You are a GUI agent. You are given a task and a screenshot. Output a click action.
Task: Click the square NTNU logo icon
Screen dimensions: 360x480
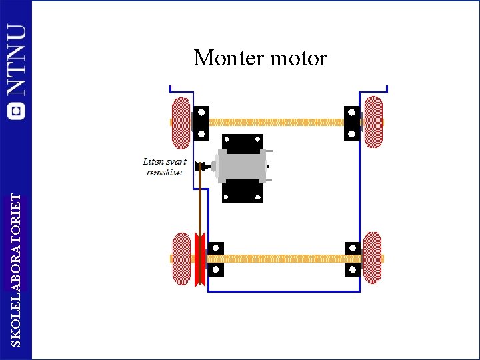[x=16, y=111]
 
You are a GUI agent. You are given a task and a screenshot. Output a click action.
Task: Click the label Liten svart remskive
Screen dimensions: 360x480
[x=164, y=167]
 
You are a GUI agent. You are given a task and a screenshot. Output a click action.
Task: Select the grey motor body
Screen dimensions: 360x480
[x=241, y=167]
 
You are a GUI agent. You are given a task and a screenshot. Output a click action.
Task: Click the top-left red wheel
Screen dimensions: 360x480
[x=181, y=123]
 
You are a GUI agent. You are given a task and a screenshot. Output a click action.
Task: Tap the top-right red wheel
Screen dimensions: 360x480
[x=373, y=122]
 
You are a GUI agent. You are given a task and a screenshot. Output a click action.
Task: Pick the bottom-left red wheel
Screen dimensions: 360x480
[x=181, y=258]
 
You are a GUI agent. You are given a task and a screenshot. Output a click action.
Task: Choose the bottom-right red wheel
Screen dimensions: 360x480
[x=373, y=257]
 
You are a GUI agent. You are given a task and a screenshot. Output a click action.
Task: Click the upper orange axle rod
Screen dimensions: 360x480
[x=276, y=123]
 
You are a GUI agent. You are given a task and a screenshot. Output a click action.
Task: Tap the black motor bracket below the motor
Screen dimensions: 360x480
[x=242, y=192]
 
